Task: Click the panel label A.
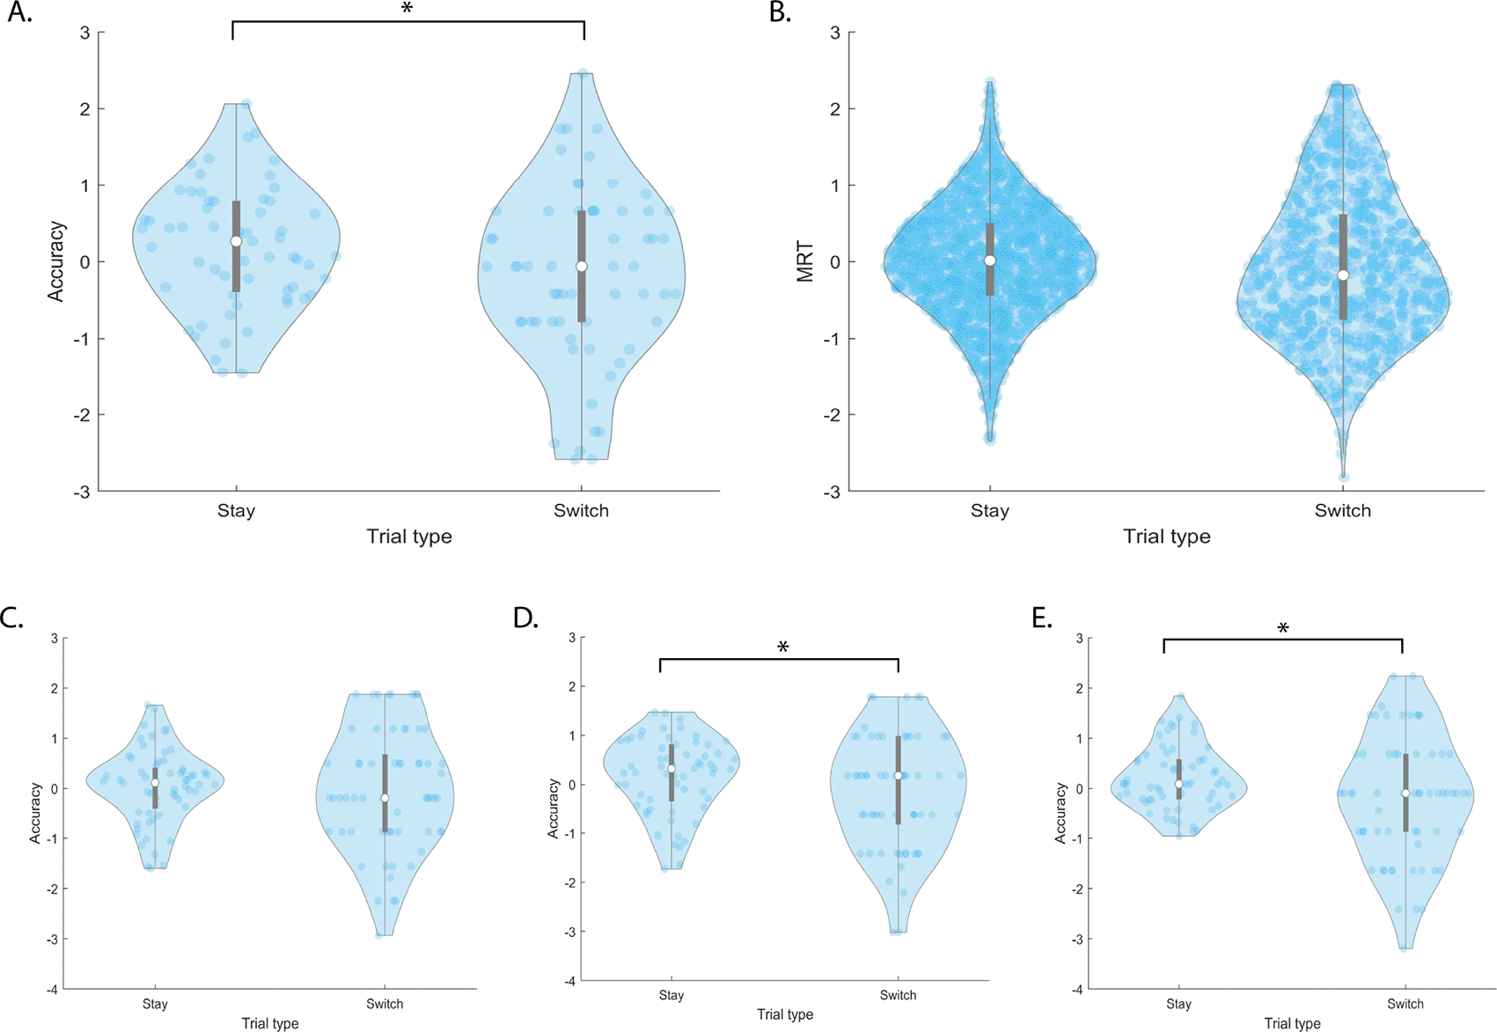tap(19, 13)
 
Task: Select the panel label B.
tap(780, 13)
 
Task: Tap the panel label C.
tap(12, 618)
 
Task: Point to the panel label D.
tap(526, 618)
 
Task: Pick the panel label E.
tap(1042, 618)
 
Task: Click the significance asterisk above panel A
tap(407, 10)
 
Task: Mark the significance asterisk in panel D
tap(783, 648)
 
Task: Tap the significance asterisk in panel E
tap(1283, 629)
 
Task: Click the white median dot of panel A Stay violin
tap(236, 241)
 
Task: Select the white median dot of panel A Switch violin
tap(582, 267)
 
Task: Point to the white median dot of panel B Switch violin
tap(1343, 275)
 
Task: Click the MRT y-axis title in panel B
tap(804, 262)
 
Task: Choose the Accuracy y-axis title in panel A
tap(56, 262)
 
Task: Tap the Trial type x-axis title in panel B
tap(1166, 537)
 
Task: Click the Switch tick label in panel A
tap(581, 510)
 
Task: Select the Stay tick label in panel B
tap(989, 510)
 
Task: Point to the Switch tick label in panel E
tap(1405, 1004)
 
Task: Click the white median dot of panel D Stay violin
tap(671, 769)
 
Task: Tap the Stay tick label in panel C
tap(155, 1004)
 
